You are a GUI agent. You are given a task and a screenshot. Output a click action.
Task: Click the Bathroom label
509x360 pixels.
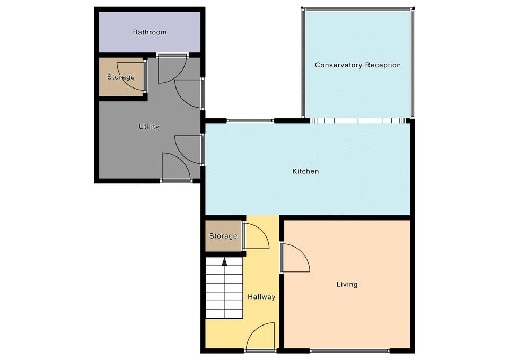(150, 32)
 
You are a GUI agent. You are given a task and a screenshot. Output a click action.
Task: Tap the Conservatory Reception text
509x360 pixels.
(358, 65)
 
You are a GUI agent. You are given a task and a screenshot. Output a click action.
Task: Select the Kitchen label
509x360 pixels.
(305, 171)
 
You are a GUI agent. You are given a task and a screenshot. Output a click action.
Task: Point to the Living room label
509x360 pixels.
(347, 284)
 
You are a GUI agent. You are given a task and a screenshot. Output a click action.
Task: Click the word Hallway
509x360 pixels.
(261, 297)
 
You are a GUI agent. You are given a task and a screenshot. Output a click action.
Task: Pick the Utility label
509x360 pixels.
(148, 127)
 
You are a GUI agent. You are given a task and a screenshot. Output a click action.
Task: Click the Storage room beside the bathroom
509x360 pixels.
(121, 77)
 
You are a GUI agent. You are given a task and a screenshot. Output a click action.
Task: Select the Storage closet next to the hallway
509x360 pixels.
(223, 236)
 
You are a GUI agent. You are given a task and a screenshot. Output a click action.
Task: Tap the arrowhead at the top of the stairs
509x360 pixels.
(224, 261)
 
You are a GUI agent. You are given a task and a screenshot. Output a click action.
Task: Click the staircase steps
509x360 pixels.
(224, 288)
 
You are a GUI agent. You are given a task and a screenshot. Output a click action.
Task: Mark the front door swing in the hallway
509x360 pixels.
(260, 337)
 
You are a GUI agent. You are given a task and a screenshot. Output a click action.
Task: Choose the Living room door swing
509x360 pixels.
(296, 258)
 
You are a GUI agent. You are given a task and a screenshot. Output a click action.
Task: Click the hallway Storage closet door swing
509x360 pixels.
(257, 236)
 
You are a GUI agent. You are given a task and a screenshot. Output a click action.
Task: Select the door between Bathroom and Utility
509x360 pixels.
(172, 69)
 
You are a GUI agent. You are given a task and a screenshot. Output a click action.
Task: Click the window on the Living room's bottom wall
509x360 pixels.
(349, 350)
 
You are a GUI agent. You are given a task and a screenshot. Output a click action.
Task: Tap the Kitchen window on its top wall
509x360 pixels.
(250, 121)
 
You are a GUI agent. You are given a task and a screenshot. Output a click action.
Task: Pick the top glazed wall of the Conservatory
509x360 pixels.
(358, 9)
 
